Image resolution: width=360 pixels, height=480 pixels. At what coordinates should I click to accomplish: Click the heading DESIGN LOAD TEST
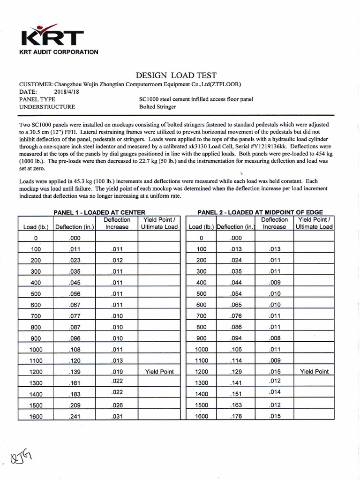pos(176,75)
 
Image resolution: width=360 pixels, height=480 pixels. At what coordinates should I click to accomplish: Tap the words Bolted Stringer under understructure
pos(157,107)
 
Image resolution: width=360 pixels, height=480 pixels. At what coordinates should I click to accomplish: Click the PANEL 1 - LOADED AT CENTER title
pos(99,212)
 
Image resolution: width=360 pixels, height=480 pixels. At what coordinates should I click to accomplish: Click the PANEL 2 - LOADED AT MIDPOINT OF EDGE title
pos(260,212)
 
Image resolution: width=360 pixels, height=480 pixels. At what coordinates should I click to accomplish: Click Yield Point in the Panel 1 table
pos(159,372)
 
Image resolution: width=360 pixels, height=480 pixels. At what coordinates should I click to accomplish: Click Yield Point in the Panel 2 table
pos(314,372)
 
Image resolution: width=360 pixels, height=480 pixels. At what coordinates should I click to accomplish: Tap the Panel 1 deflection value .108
pos(75,350)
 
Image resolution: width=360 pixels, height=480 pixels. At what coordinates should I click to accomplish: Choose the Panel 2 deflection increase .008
pos(274,338)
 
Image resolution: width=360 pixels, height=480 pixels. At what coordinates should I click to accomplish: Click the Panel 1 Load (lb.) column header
pos(36,227)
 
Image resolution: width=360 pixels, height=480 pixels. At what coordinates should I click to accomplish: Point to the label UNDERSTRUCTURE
pos(47,107)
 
